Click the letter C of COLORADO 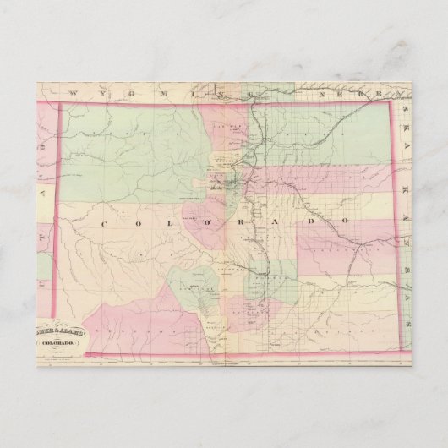(107, 223)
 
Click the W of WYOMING (74, 94)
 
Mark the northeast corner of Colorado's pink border (391, 102)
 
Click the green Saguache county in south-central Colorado (190, 283)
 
